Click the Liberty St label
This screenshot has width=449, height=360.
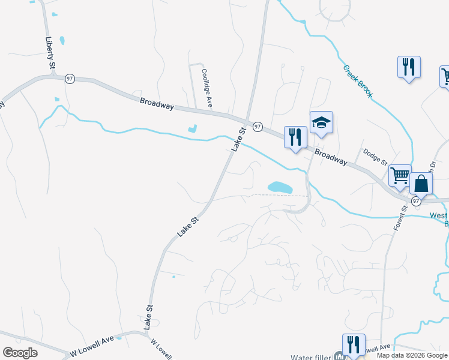(x=50, y=52)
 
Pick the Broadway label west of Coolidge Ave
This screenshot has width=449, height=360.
(x=157, y=103)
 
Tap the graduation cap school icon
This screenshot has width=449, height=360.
(x=321, y=123)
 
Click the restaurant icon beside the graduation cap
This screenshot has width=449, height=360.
(x=295, y=137)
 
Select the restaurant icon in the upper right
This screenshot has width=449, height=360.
(x=409, y=67)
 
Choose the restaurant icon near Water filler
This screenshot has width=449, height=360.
(x=354, y=344)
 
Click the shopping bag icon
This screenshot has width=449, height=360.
(x=421, y=184)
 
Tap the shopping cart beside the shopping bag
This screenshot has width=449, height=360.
(x=400, y=175)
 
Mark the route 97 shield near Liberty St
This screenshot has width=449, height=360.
(x=70, y=79)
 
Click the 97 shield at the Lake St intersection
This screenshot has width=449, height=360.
(x=258, y=127)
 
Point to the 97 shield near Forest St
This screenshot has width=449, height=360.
(x=415, y=202)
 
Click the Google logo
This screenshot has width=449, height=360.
(x=20, y=353)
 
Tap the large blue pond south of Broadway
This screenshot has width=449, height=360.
(x=279, y=188)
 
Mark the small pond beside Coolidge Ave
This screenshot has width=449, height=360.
(x=193, y=128)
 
